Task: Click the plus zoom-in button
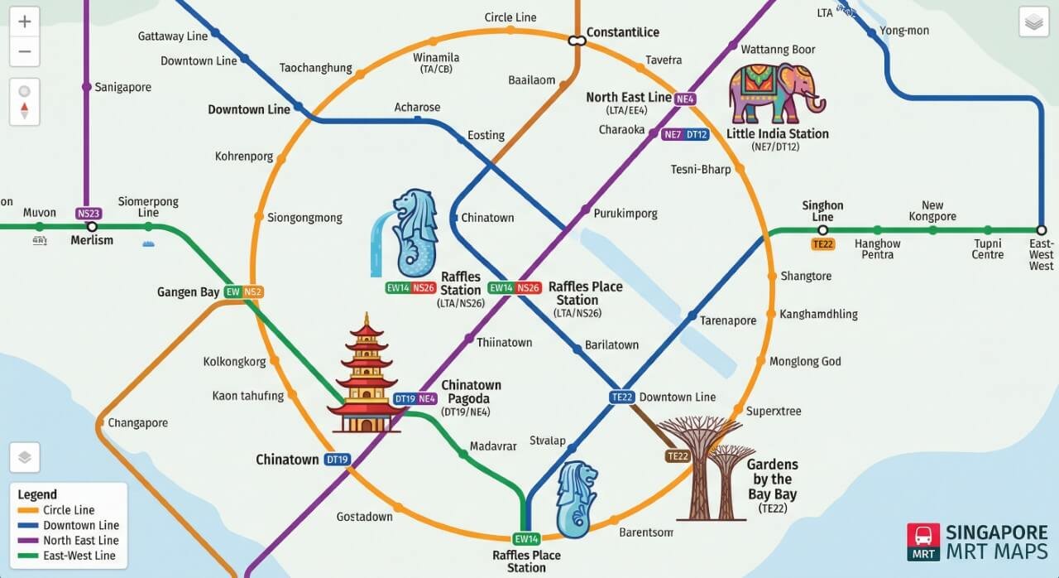pos(24,22)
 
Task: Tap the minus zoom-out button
pos(24,51)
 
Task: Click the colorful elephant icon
pos(775,93)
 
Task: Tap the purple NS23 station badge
pos(88,213)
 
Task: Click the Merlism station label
pos(92,240)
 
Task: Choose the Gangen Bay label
pos(189,292)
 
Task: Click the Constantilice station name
pos(622,32)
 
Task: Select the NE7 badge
pos(672,135)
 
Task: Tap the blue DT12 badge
pos(697,135)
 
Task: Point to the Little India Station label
pos(777,134)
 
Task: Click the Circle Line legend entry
pos(69,510)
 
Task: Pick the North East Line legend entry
pos(80,541)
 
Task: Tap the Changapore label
pos(137,423)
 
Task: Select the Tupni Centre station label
pos(988,249)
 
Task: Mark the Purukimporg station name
pos(625,214)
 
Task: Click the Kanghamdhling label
pos(818,315)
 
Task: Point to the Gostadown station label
pos(364,517)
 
